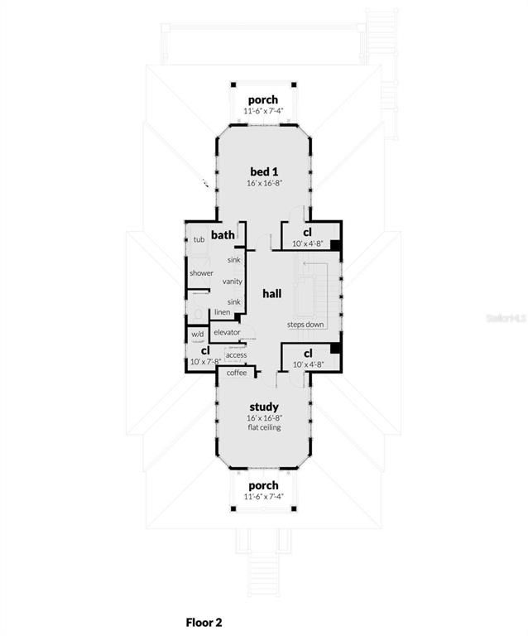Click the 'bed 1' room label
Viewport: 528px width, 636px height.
point(264,171)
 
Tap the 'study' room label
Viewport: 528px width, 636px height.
point(264,407)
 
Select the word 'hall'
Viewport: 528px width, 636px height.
point(272,294)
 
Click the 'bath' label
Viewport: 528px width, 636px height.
point(223,235)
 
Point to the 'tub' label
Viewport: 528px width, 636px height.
point(199,240)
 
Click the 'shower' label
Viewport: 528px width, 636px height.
point(201,273)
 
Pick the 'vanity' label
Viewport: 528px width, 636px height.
point(232,282)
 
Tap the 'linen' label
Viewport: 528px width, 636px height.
point(223,312)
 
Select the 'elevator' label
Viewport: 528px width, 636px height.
point(227,332)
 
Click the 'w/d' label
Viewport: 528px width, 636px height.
point(197,335)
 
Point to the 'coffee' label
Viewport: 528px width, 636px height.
point(237,373)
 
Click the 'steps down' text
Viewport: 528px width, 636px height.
point(305,324)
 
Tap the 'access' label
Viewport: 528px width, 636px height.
point(236,355)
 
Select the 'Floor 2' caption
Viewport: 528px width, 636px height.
point(204,621)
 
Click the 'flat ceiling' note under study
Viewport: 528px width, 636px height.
point(264,427)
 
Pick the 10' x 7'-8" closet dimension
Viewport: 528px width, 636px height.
point(204,361)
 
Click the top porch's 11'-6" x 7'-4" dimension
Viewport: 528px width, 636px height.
point(264,111)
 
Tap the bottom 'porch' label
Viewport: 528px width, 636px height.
point(264,485)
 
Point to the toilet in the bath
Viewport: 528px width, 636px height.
point(197,312)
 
